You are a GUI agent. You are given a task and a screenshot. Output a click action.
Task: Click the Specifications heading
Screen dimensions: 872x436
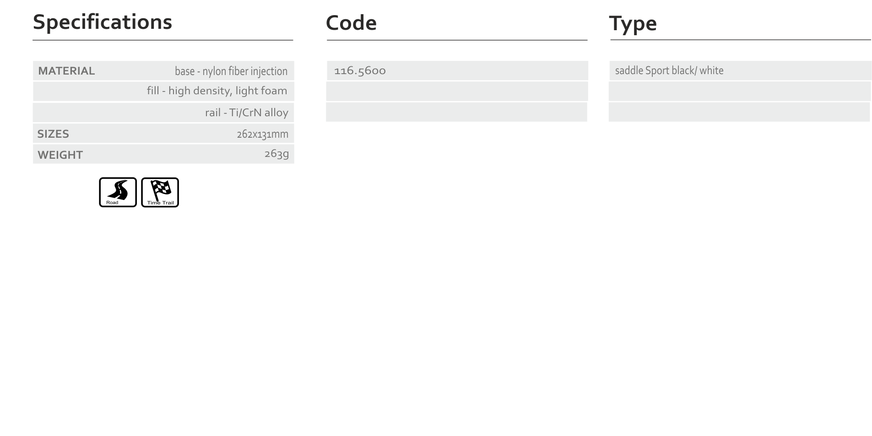click(x=103, y=22)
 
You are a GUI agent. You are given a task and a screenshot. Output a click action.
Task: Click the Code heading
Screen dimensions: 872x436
click(x=351, y=23)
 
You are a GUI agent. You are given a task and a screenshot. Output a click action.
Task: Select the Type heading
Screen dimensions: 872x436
click(x=633, y=24)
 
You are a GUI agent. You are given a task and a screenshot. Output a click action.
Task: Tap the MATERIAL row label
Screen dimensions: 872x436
click(x=66, y=71)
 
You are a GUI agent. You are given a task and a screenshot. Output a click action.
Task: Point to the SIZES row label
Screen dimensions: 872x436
click(x=53, y=134)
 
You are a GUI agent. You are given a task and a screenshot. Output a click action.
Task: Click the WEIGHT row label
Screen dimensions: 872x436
click(x=60, y=155)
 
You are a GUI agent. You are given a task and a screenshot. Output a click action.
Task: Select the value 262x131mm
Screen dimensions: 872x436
click(x=263, y=134)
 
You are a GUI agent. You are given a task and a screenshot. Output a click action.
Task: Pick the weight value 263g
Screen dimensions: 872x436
click(x=276, y=154)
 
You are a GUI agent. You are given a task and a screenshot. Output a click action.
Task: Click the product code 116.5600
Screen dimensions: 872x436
click(x=360, y=70)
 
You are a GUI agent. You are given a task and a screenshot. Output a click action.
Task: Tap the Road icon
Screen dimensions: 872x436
click(x=118, y=192)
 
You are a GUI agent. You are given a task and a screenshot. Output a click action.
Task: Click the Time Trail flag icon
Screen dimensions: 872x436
click(x=160, y=192)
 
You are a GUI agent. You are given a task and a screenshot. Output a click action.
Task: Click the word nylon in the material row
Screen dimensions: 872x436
click(x=214, y=71)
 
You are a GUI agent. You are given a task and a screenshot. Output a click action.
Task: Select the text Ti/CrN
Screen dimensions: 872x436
click(x=245, y=113)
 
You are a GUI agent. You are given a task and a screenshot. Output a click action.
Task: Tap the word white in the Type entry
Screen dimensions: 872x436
click(x=711, y=70)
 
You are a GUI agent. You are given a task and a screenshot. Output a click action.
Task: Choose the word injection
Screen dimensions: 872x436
click(x=269, y=71)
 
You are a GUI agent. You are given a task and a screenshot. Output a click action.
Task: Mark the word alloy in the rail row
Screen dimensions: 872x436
click(x=276, y=113)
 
